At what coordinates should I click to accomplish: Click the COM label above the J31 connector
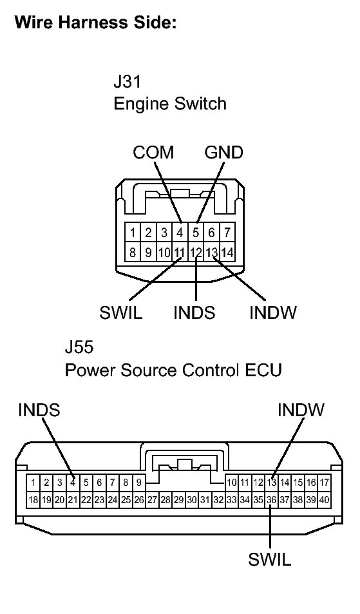(x=153, y=153)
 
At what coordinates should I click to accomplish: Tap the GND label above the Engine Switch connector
(x=223, y=153)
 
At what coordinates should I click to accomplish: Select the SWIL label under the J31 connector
(x=120, y=313)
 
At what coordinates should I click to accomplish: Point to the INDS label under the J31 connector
(x=194, y=313)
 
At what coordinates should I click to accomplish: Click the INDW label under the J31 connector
(x=272, y=313)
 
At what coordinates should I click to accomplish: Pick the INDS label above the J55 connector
(x=39, y=410)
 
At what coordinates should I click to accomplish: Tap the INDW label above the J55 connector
(x=301, y=410)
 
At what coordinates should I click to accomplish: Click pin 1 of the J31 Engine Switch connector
(x=132, y=232)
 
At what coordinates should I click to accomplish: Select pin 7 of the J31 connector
(x=227, y=232)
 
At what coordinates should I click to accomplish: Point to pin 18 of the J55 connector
(x=33, y=499)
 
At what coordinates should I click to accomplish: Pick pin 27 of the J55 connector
(x=152, y=499)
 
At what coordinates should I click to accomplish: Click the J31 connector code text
(x=126, y=82)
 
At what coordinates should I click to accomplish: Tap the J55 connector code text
(x=79, y=349)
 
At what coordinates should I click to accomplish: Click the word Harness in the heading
(x=90, y=23)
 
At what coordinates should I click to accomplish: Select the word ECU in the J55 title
(x=263, y=371)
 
